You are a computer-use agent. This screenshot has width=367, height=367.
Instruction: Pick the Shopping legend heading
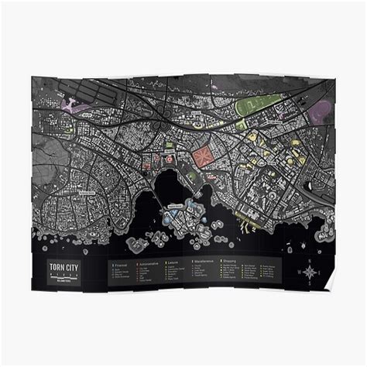pyautogui.click(x=232, y=262)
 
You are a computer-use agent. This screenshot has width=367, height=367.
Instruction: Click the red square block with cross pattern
pyautogui.click(x=204, y=157)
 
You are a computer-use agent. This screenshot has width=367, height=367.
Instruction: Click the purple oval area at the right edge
pyautogui.click(x=319, y=114)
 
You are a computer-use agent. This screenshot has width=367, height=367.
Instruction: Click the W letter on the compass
pyautogui.click(x=300, y=272)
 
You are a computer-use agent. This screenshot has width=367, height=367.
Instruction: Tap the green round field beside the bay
pyautogui.click(x=191, y=177)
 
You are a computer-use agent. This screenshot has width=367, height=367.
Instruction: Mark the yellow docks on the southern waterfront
pyautogui.click(x=246, y=227)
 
